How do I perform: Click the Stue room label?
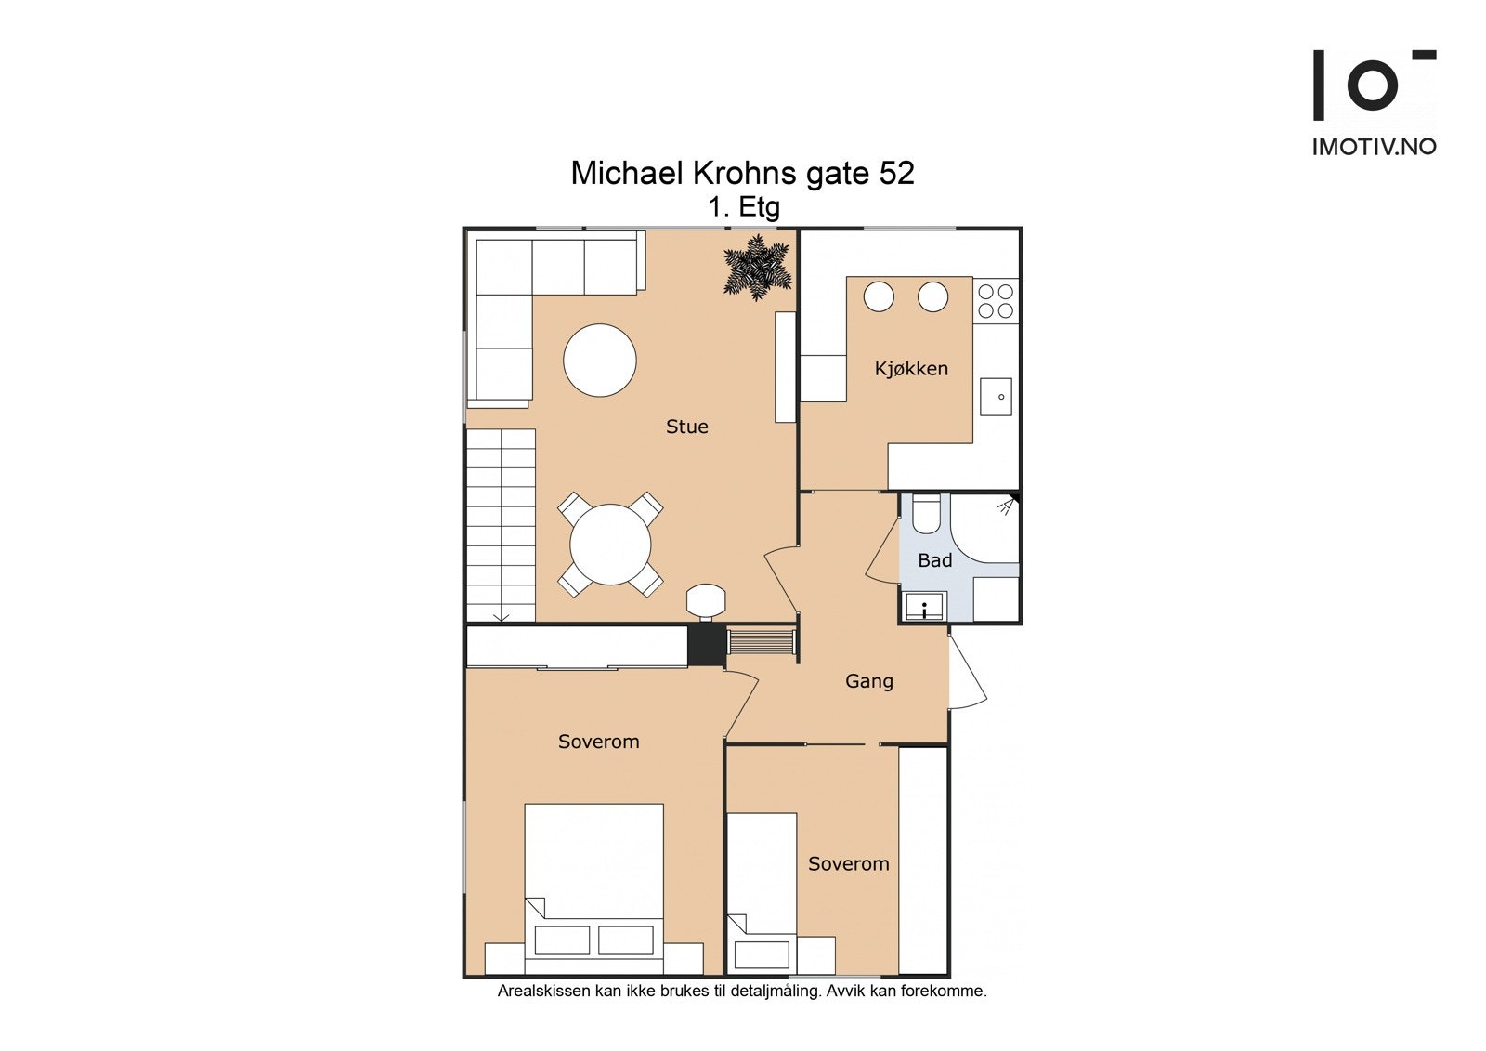point(686,427)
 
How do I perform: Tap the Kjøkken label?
point(911,369)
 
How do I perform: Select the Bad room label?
point(934,560)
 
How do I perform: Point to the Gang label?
point(869,681)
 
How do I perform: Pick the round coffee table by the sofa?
point(600,360)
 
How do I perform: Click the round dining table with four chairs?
point(609,545)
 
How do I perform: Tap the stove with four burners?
point(996,301)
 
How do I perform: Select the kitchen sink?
point(996,397)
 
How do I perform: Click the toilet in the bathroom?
point(925,513)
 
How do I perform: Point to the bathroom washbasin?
point(925,606)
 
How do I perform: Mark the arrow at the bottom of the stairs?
point(501,618)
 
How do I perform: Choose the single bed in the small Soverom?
point(762,893)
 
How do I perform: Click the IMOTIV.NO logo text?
point(1374,147)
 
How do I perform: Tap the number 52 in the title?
point(897,173)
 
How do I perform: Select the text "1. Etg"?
point(744,207)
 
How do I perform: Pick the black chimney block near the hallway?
point(707,645)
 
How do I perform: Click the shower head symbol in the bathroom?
point(1007,506)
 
